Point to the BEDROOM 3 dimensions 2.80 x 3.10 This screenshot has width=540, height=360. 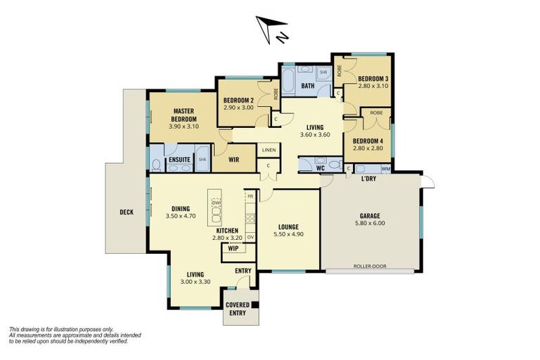click(373, 86)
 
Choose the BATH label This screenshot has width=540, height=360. click(307, 86)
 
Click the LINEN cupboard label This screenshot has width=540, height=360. click(269, 150)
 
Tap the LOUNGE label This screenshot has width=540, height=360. click(288, 226)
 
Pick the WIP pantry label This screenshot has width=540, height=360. click(233, 248)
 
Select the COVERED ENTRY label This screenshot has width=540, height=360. click(238, 309)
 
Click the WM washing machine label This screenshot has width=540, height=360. click(385, 169)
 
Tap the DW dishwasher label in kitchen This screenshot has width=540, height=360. click(216, 202)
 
